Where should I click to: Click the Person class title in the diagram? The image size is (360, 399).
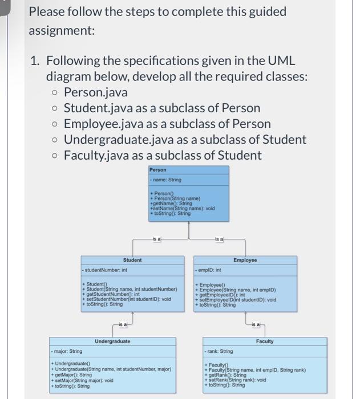click(158, 169)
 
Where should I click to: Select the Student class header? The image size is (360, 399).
click(132, 260)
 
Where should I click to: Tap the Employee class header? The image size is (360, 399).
click(245, 260)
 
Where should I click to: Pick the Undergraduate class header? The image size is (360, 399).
click(112, 341)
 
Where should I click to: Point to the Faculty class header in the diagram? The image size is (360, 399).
click(265, 341)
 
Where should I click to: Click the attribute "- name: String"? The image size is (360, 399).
click(167, 180)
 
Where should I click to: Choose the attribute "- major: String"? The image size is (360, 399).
click(68, 351)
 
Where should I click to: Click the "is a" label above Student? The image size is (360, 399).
click(156, 239)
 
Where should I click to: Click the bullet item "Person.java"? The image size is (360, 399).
click(95, 92)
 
